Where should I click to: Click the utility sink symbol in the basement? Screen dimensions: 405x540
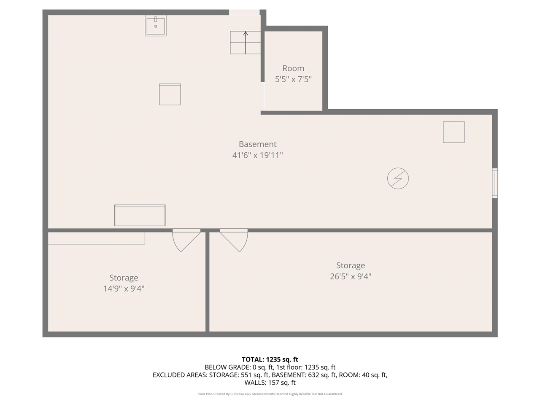(155, 26)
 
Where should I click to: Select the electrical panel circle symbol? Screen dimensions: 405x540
(398, 178)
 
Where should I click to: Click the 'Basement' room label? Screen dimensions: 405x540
(257, 144)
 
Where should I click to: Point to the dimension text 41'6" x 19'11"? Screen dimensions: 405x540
(257, 155)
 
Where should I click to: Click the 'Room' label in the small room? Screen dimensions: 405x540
(293, 68)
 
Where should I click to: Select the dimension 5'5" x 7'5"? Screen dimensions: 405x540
(293, 79)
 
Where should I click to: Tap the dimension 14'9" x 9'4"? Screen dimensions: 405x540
(124, 289)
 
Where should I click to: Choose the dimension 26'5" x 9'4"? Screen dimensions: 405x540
(350, 277)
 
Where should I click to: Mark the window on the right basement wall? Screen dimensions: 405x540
(495, 183)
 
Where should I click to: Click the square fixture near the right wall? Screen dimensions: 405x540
(454, 132)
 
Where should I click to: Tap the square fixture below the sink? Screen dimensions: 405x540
(170, 94)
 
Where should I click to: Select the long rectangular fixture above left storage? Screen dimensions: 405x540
(140, 215)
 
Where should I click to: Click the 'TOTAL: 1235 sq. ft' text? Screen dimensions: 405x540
(270, 359)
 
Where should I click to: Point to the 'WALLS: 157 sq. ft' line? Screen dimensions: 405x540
(270, 383)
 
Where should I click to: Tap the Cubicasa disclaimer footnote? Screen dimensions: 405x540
(270, 394)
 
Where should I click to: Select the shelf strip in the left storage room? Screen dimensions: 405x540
(96, 238)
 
